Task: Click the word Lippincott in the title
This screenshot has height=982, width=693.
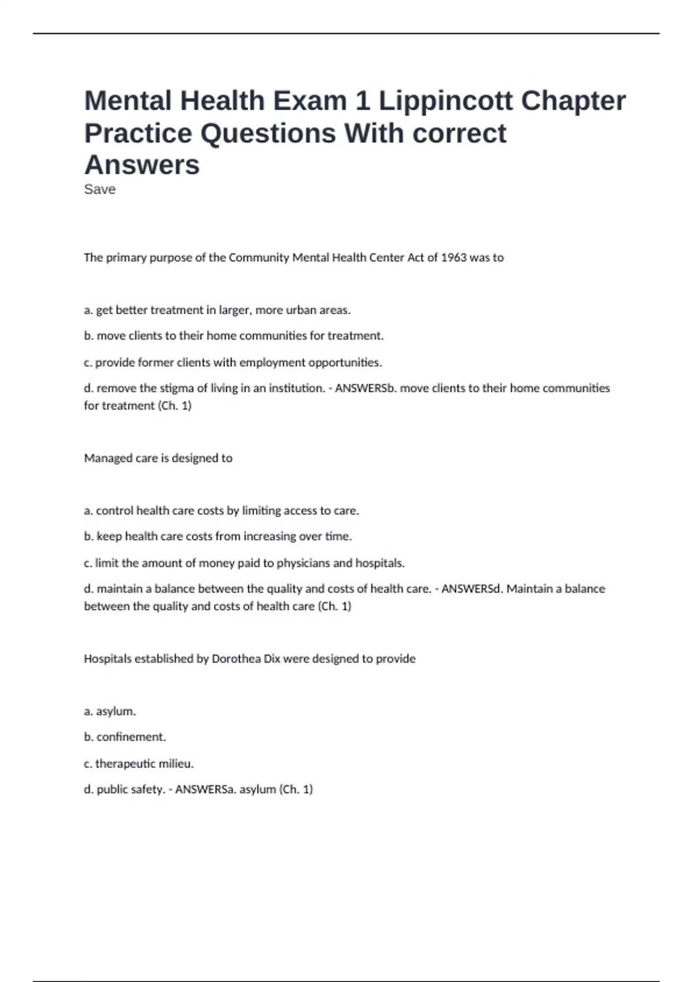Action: click(445, 101)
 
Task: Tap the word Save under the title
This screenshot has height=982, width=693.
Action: click(100, 189)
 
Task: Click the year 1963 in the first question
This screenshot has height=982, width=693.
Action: click(453, 258)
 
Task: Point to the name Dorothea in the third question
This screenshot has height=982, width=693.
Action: click(236, 659)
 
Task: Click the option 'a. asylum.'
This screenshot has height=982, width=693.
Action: click(110, 711)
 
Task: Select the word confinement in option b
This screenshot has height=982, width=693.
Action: click(131, 737)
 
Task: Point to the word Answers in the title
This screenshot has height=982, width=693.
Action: click(142, 165)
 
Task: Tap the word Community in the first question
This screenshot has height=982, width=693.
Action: click(259, 258)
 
